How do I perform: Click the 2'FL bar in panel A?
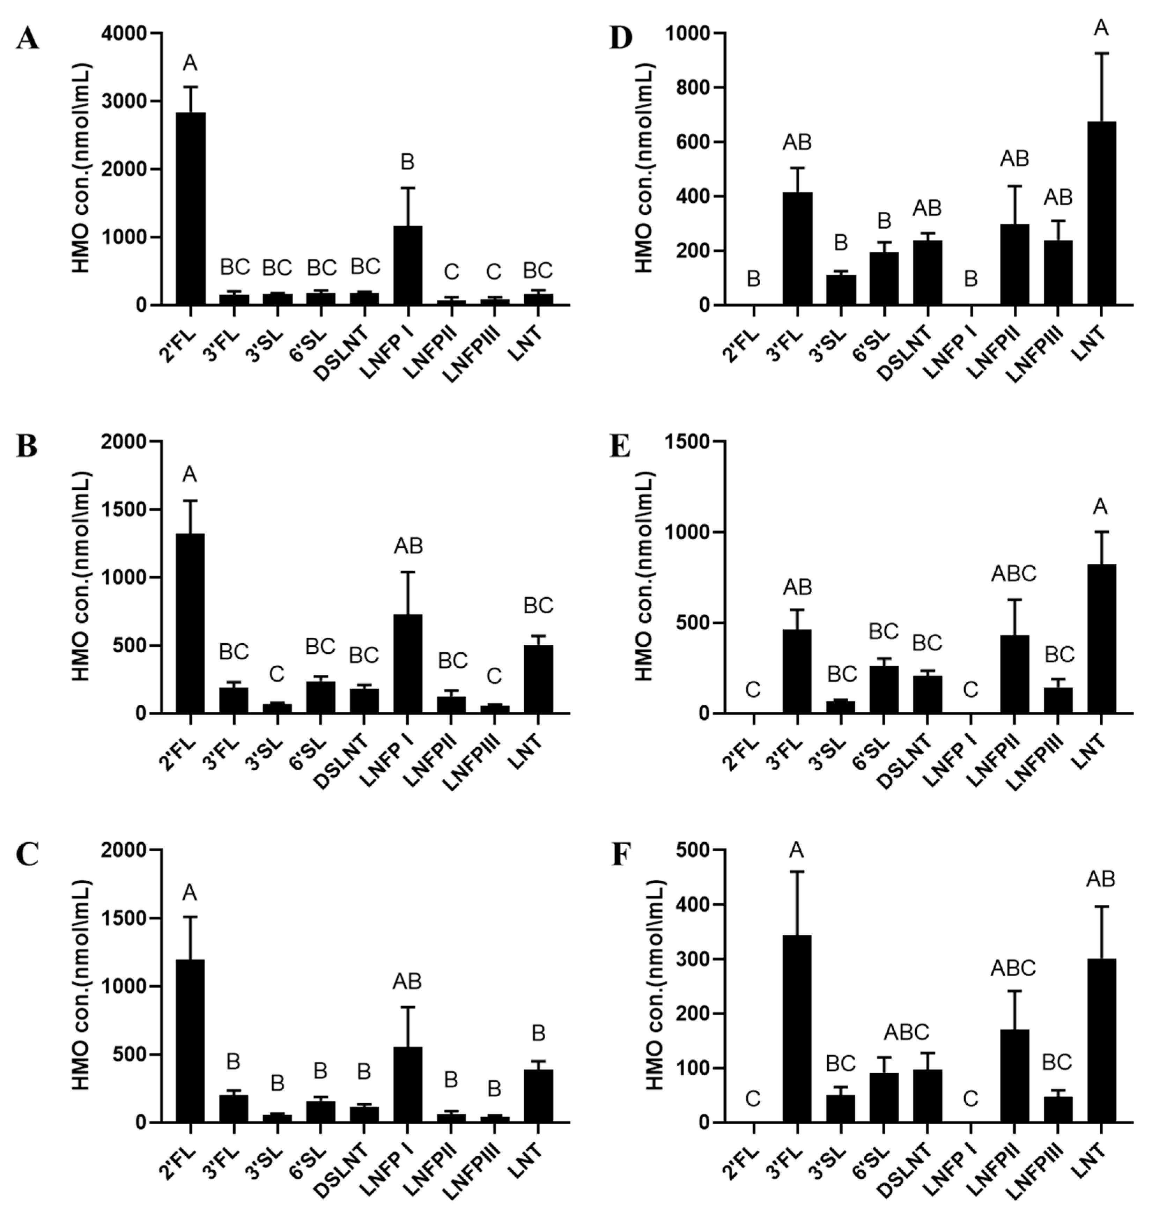tap(190, 209)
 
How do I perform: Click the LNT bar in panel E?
tap(1101, 638)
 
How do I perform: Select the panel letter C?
tap(28, 855)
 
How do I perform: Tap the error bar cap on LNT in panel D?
tap(1101, 54)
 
